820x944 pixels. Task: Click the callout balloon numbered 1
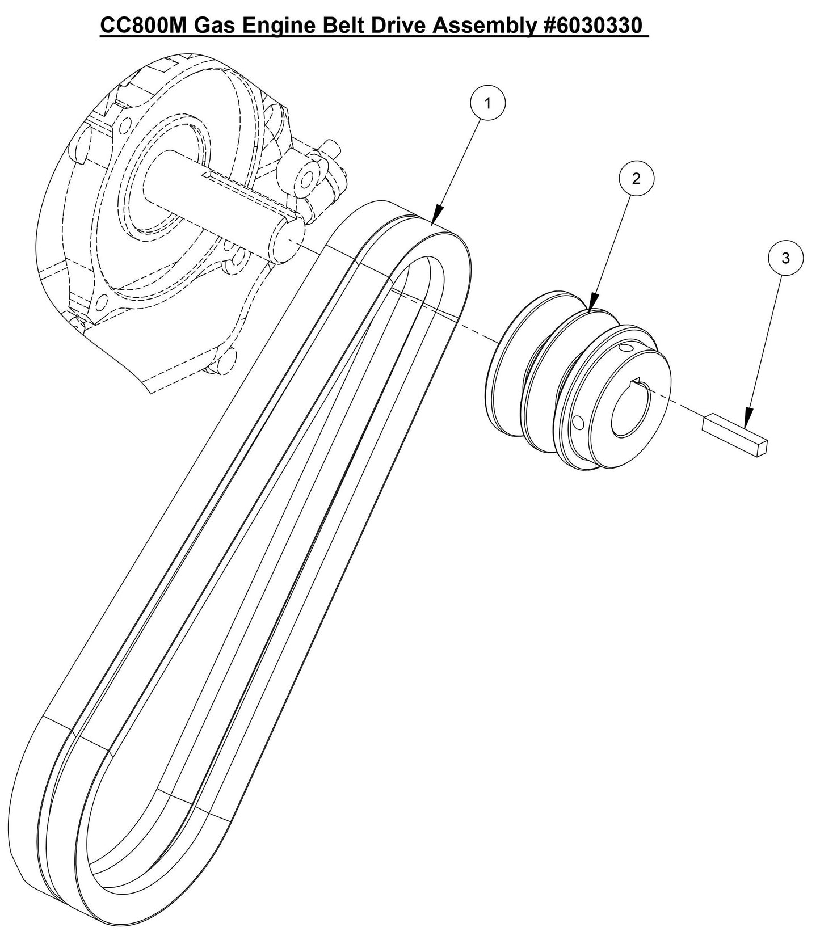(x=487, y=102)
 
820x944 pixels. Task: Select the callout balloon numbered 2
(x=636, y=179)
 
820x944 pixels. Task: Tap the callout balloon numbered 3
(x=785, y=258)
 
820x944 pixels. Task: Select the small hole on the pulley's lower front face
(x=578, y=422)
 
